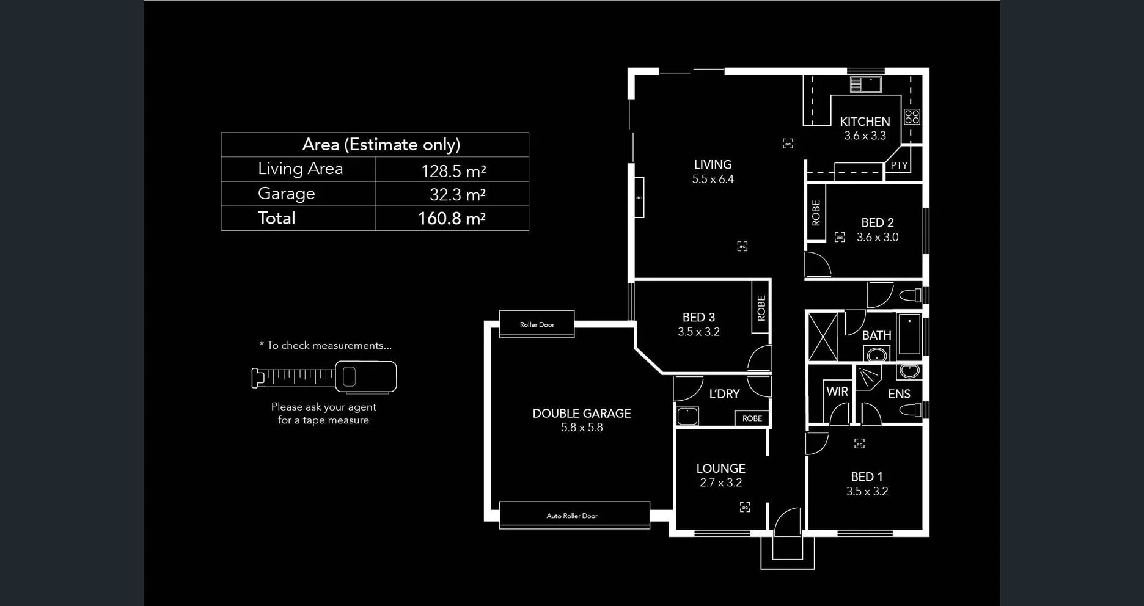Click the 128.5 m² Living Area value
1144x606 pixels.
click(x=453, y=171)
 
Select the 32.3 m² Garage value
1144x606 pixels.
click(x=457, y=195)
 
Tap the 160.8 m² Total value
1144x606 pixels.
click(x=451, y=219)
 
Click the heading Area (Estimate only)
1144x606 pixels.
click(x=381, y=145)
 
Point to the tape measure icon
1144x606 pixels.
click(x=324, y=376)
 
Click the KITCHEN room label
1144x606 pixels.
click(x=865, y=122)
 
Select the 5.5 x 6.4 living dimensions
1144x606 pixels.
click(x=713, y=179)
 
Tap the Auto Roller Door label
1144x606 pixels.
click(x=572, y=516)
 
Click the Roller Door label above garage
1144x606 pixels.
click(x=537, y=324)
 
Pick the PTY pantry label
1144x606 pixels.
click(x=899, y=166)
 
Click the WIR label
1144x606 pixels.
click(x=837, y=392)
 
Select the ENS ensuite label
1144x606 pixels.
click(x=899, y=394)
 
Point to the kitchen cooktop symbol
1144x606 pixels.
click(x=912, y=116)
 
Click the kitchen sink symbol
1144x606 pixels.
click(x=865, y=84)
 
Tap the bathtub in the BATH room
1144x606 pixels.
click(x=909, y=334)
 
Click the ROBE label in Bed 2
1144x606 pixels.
click(x=816, y=213)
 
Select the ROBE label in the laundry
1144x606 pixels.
click(x=752, y=418)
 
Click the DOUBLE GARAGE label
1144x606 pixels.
click(x=582, y=414)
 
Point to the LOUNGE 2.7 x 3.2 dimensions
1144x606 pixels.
click(x=721, y=483)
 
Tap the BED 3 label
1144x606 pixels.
click(x=698, y=318)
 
